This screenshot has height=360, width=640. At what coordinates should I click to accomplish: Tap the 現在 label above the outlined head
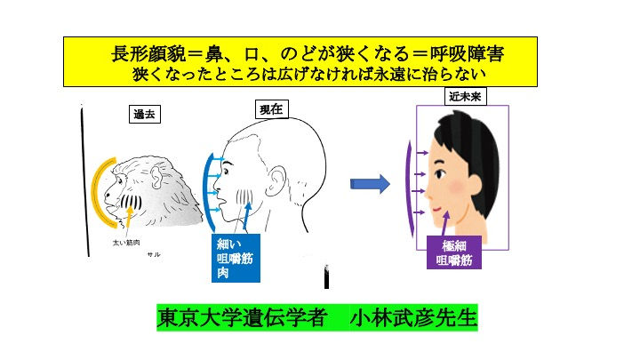point(269,108)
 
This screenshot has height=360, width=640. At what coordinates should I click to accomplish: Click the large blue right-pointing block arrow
point(370,184)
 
